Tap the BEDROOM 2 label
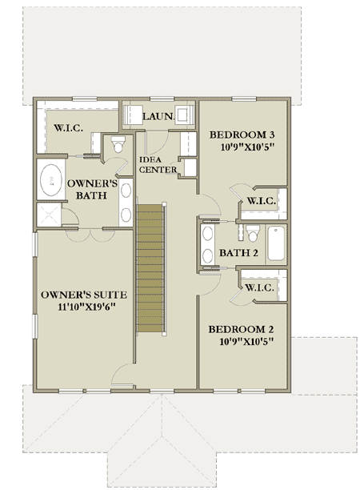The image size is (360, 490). [242, 329]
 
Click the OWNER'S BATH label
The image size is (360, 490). [92, 191]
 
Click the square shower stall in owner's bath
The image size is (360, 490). [50, 215]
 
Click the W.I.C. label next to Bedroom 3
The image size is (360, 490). [262, 200]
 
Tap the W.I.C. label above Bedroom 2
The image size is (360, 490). [262, 287]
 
